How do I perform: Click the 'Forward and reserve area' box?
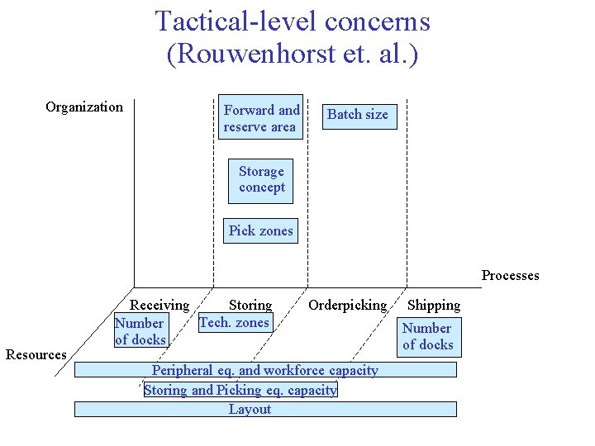pyautogui.click(x=260, y=118)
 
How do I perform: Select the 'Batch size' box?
pyautogui.click(x=357, y=115)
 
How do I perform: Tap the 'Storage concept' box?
pyautogui.click(x=261, y=179)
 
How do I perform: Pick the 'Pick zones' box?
pyautogui.click(x=260, y=231)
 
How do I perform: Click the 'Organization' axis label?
pyautogui.click(x=84, y=107)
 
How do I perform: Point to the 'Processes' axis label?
pyautogui.click(x=510, y=276)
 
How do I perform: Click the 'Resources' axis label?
pyautogui.click(x=36, y=354)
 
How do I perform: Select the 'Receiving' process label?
pyautogui.click(x=159, y=306)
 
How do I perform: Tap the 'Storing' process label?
pyautogui.click(x=250, y=306)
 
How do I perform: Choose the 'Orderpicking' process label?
pyautogui.click(x=347, y=306)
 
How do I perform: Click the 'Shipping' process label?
pyautogui.click(x=434, y=306)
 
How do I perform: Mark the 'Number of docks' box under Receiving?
pyautogui.click(x=140, y=331)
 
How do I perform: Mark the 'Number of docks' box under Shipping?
pyautogui.click(x=427, y=336)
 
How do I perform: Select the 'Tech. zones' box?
pyautogui.click(x=235, y=323)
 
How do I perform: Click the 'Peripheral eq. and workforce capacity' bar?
pyautogui.click(x=264, y=370)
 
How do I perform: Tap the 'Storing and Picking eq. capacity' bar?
pyautogui.click(x=240, y=390)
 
